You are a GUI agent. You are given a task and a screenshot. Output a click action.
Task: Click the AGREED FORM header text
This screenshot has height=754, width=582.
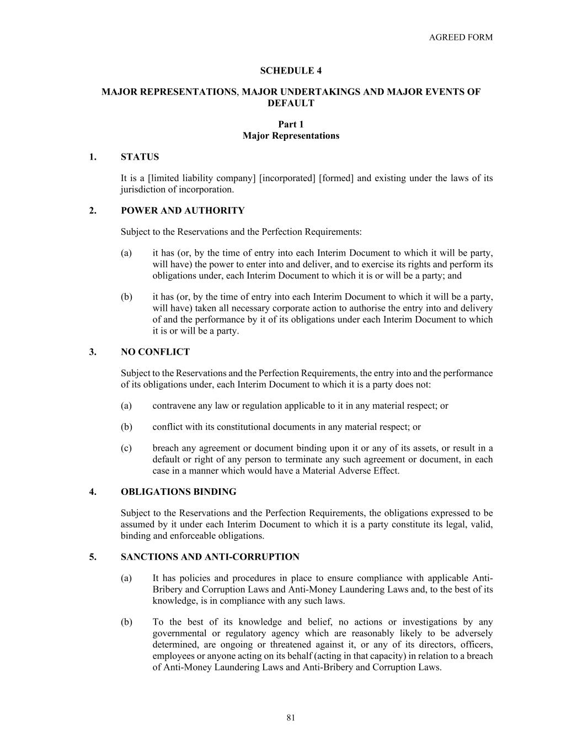click(461, 38)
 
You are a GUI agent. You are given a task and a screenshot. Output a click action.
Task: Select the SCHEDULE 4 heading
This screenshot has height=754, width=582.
click(291, 71)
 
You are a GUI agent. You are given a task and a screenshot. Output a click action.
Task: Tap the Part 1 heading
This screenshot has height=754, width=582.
click(291, 125)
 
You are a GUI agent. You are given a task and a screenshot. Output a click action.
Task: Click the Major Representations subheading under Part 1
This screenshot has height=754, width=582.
click(291, 136)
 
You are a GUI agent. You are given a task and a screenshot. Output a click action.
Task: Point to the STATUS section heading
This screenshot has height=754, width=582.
click(140, 157)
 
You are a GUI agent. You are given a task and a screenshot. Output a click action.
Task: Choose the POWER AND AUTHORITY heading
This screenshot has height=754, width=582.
click(183, 210)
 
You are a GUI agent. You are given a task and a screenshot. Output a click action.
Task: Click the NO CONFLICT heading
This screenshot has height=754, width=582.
click(155, 352)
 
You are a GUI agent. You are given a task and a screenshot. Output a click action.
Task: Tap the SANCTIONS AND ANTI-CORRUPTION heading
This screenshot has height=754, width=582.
click(210, 557)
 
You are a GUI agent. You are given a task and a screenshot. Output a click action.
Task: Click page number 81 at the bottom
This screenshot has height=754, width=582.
click(291, 718)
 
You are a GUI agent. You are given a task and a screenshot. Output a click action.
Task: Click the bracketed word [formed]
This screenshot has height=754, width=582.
click(336, 178)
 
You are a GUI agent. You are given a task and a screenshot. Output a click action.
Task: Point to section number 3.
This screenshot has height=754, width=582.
click(93, 352)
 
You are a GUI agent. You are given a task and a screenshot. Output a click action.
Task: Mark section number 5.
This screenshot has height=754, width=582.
click(93, 557)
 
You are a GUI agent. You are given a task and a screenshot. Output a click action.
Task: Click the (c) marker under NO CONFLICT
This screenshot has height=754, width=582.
click(126, 448)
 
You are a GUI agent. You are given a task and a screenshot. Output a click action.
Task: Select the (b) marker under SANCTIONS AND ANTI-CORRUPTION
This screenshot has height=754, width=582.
click(126, 622)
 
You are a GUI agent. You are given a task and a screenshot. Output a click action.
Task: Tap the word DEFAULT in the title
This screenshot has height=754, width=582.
click(291, 103)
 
